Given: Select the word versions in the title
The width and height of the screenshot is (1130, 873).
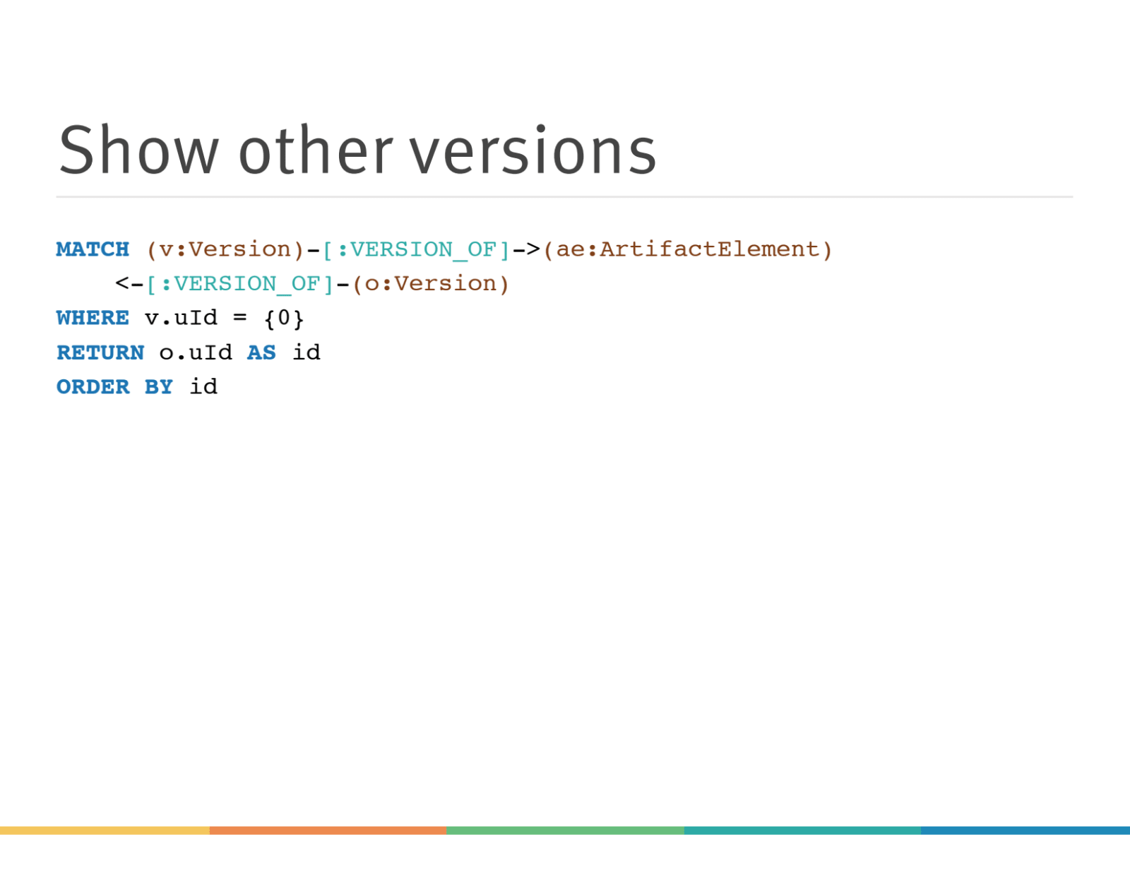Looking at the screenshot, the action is pyautogui.click(x=533, y=149).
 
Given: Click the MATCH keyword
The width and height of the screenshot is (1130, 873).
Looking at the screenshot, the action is pyautogui.click(x=93, y=249).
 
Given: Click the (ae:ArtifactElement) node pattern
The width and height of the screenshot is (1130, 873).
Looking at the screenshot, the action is pyautogui.click(x=687, y=250).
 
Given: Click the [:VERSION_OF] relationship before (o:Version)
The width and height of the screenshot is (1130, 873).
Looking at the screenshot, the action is pyautogui.click(x=239, y=285).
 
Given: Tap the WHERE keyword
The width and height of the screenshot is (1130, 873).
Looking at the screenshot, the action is pyautogui.click(x=93, y=319).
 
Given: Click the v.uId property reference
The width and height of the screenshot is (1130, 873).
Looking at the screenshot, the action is pyautogui.click(x=181, y=319).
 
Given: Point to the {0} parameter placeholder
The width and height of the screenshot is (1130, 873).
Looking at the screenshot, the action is pyautogui.click(x=284, y=319).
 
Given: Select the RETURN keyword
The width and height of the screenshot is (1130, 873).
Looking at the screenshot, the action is pyautogui.click(x=100, y=353).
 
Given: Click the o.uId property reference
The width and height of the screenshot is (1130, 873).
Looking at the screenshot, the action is pyautogui.click(x=196, y=353).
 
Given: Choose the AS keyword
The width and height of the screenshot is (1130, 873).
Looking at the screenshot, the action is pyautogui.click(x=261, y=353).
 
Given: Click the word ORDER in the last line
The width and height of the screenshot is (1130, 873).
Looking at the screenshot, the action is pyautogui.click(x=93, y=387).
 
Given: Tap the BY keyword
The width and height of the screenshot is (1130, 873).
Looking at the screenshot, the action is pyautogui.click(x=159, y=387).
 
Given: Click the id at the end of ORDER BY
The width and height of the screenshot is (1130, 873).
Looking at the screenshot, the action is pyautogui.click(x=203, y=387).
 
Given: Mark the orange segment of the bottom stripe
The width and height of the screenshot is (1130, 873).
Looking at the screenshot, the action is pyautogui.click(x=328, y=831).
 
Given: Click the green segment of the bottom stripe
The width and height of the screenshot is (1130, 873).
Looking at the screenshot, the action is pyautogui.click(x=565, y=831).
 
